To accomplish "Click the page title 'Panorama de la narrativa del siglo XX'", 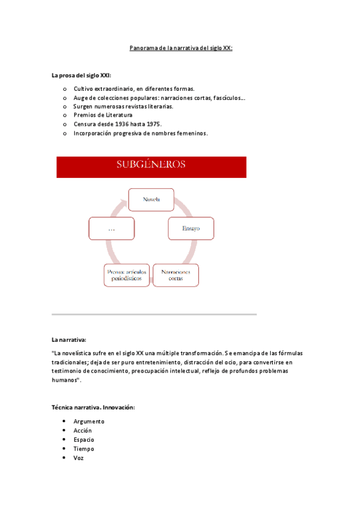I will pyautogui.click(x=181, y=48).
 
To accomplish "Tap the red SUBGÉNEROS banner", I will pyautogui.click(x=151, y=167).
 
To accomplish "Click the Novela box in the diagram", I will pyautogui.click(x=151, y=200).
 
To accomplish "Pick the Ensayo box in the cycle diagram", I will pyautogui.click(x=190, y=229).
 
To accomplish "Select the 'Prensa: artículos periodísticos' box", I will pyautogui.click(x=126, y=276).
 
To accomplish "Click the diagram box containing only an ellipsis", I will pyautogui.click(x=111, y=229).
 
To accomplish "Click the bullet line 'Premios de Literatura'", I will pyautogui.click(x=103, y=115).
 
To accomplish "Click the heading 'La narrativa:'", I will pyautogui.click(x=69, y=340).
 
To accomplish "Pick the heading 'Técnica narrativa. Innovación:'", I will pyautogui.click(x=93, y=408).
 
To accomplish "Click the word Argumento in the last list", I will pyautogui.click(x=89, y=422).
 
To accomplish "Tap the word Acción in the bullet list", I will pyautogui.click(x=83, y=431).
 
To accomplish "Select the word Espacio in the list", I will pyautogui.click(x=84, y=440).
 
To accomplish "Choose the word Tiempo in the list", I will pyautogui.click(x=84, y=449).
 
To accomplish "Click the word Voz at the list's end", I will pyautogui.click(x=79, y=458).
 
